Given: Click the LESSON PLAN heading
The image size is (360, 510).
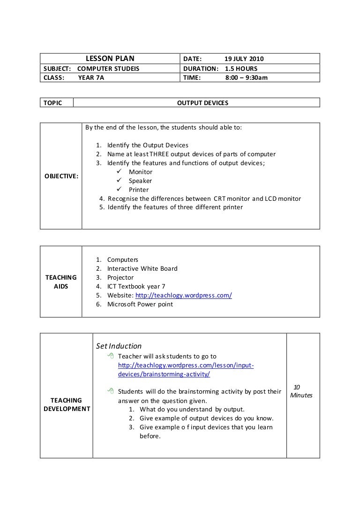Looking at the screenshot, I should (109, 59).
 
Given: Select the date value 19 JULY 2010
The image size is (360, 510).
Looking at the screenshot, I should (244, 59).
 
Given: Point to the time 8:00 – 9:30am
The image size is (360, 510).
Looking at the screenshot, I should (246, 77).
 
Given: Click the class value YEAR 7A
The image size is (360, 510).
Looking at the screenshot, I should (91, 77).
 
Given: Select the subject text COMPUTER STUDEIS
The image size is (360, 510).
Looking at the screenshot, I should (108, 69).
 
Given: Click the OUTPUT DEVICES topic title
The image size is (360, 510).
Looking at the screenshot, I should (202, 102).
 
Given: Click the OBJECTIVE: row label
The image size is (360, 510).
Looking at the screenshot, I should (61, 175).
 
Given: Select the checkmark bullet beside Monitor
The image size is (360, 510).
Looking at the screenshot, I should (120, 172).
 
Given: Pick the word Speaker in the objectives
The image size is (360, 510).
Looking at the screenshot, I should (140, 181).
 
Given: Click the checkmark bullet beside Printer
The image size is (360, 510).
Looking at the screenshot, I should (120, 190).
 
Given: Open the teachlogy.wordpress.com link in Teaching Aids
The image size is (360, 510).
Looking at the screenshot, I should (183, 295).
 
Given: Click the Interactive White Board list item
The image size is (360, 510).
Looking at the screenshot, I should (142, 268).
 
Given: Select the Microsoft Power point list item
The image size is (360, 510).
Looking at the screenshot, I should (140, 304).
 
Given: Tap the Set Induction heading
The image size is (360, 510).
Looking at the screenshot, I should (119, 346).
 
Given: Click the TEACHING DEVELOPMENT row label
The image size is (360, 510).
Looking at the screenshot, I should (66, 404).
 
